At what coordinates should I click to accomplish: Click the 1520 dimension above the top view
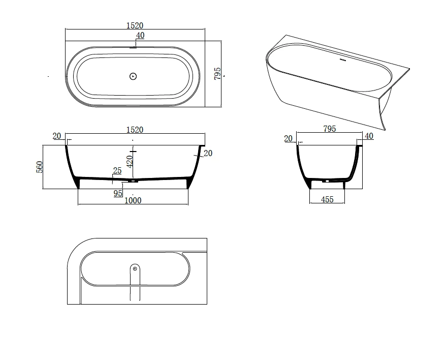click(x=135, y=25)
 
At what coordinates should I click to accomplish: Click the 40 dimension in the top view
click(x=140, y=35)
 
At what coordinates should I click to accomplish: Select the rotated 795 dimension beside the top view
click(x=217, y=74)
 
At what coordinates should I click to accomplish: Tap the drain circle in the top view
click(x=133, y=77)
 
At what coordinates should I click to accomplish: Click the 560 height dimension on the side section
click(x=39, y=167)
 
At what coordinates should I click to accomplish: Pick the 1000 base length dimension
click(x=133, y=200)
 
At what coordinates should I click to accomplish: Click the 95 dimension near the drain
click(x=118, y=193)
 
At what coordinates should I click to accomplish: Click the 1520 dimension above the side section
click(x=135, y=130)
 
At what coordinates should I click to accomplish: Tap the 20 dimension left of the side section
click(x=56, y=136)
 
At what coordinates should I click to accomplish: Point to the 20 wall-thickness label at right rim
click(x=208, y=153)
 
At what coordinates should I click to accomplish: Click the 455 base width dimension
click(x=328, y=200)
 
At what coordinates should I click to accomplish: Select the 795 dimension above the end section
click(x=330, y=129)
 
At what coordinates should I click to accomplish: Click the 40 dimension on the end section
click(x=369, y=136)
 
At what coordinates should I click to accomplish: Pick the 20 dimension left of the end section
click(x=289, y=138)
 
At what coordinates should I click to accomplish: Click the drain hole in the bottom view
click(x=135, y=268)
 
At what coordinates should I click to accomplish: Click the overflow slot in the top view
click(x=133, y=48)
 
